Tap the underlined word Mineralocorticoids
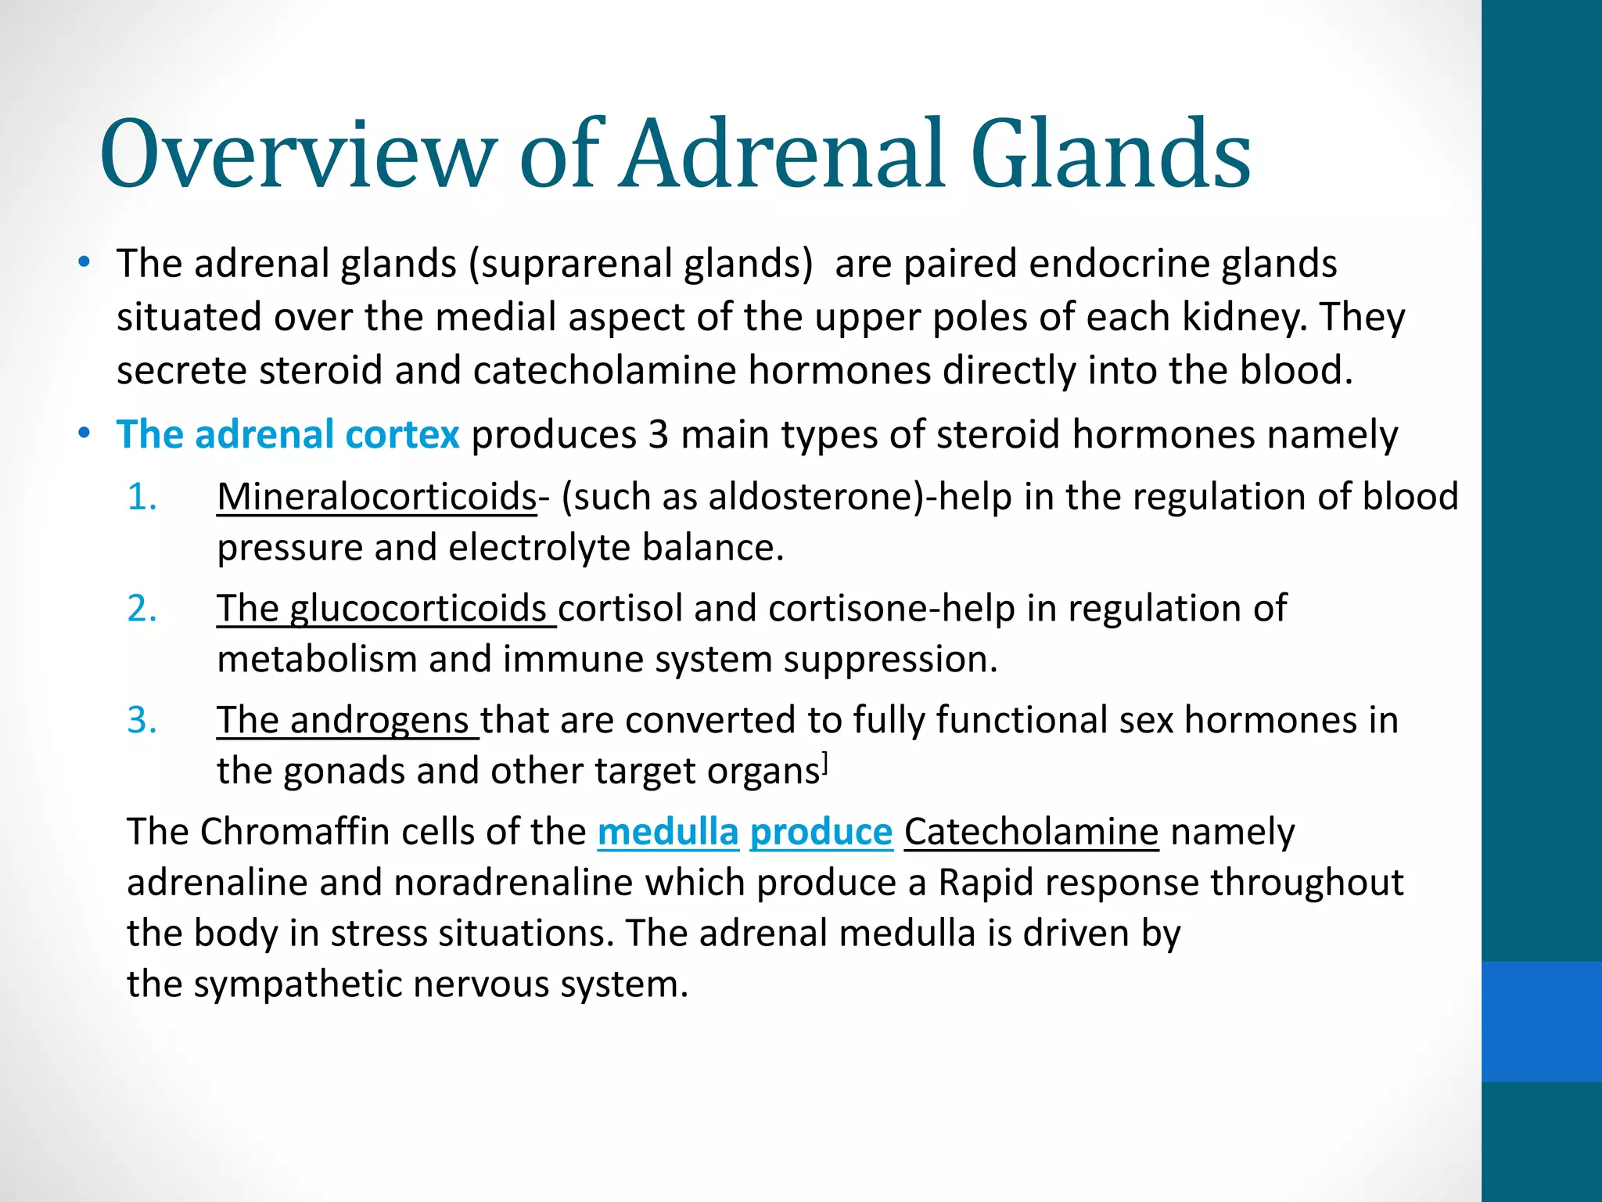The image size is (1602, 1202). point(376,497)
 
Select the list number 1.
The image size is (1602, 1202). point(142,497)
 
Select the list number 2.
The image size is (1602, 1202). point(142,608)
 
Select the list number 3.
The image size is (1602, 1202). point(142,720)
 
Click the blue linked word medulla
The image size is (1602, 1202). point(668,832)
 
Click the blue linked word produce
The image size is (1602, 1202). point(821,832)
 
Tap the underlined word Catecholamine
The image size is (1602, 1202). point(1031,832)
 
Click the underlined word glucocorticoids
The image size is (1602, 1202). point(418,609)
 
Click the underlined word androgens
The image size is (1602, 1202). point(379,721)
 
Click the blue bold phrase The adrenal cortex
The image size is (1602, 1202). point(288,434)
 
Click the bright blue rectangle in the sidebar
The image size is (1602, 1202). point(1541,1021)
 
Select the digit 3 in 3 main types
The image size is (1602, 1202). point(658,434)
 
